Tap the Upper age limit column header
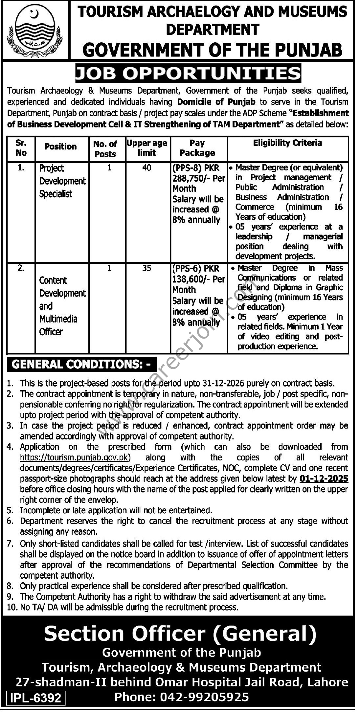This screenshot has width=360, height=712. tap(147, 148)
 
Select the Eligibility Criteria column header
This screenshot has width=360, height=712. tap(287, 143)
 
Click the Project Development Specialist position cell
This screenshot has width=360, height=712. tap(62, 181)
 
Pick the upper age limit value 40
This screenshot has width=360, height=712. tap(147, 168)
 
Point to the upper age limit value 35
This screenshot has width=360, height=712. tap(147, 268)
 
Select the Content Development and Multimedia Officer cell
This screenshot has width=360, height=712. tap(62, 306)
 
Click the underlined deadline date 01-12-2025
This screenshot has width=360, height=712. tap(324, 479)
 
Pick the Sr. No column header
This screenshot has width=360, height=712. tap(21, 148)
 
